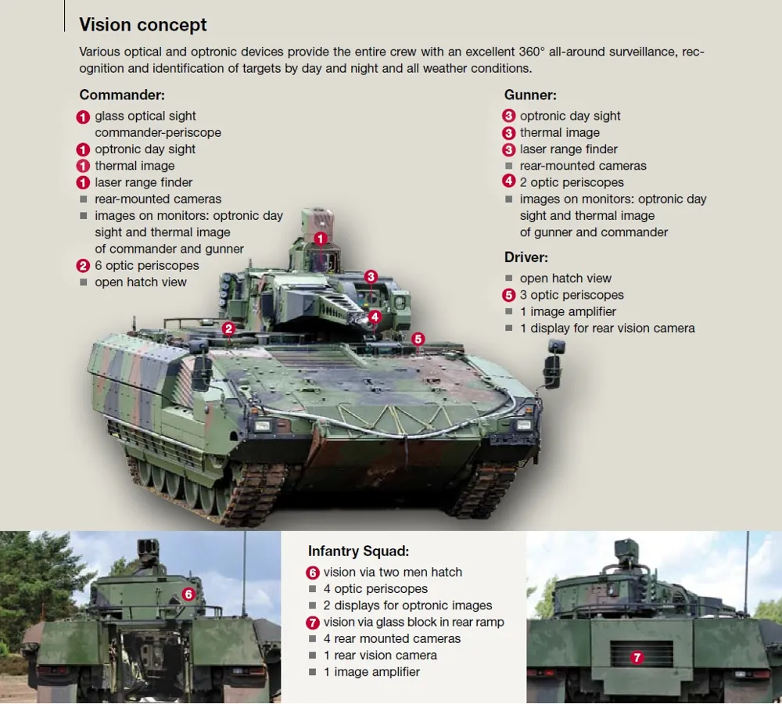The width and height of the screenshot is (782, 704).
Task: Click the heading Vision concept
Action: click(x=143, y=25)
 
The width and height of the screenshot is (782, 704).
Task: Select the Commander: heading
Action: click(x=121, y=95)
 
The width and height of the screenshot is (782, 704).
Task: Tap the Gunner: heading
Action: click(x=530, y=95)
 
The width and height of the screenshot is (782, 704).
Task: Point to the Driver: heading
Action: click(x=526, y=257)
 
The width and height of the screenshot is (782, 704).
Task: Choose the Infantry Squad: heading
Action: click(x=358, y=551)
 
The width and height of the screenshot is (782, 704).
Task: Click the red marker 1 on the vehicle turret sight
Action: click(x=320, y=239)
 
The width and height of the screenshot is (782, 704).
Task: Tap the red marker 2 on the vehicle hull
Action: click(x=228, y=329)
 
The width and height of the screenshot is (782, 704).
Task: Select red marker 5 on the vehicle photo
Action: click(x=418, y=339)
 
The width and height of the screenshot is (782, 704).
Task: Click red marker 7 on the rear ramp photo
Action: click(x=637, y=658)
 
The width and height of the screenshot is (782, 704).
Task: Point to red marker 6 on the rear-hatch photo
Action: click(x=188, y=594)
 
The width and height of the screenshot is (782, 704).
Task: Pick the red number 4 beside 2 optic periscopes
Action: click(x=509, y=182)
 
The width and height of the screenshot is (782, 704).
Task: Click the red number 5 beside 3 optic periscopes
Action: click(x=509, y=296)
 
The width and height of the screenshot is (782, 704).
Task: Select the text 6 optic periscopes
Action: click(x=147, y=265)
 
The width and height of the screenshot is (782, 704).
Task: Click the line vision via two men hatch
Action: click(x=393, y=572)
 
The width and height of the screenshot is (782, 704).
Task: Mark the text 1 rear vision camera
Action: click(x=380, y=655)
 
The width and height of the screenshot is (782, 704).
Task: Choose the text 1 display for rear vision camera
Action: click(x=607, y=329)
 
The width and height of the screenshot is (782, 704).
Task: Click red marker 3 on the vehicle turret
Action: click(x=371, y=276)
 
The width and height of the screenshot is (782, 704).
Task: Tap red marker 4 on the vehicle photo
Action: click(x=375, y=317)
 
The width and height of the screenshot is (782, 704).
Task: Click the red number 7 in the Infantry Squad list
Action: click(x=313, y=623)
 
